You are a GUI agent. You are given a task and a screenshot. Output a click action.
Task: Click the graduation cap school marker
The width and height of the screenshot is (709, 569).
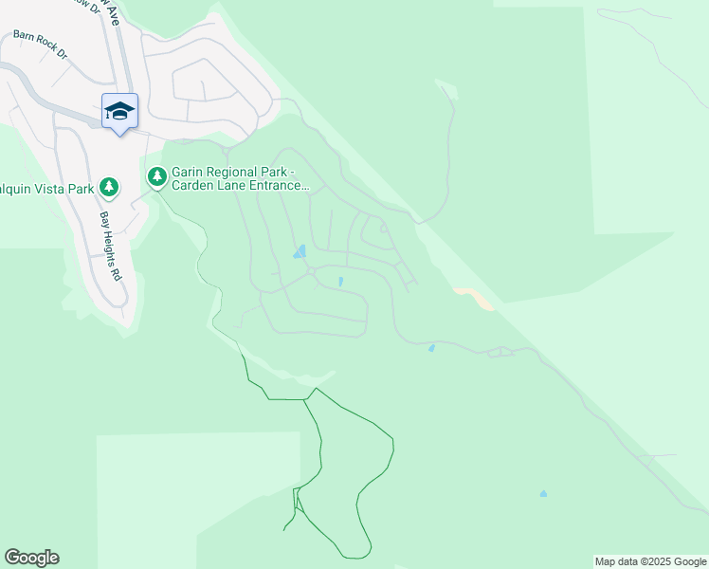point(119,113)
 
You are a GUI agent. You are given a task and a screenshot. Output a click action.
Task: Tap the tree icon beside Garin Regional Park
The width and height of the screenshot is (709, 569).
point(156,176)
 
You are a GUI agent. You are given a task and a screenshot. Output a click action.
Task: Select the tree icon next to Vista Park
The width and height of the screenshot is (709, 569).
point(109,187)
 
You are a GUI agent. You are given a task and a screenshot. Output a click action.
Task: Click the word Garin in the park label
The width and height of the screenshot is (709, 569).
point(186,172)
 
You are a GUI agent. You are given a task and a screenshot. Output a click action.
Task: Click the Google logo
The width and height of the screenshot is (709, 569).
point(31,558)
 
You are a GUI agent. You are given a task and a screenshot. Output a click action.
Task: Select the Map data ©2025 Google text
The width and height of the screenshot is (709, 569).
point(650,561)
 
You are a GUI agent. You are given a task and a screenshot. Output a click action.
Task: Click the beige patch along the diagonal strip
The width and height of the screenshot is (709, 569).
point(476,298)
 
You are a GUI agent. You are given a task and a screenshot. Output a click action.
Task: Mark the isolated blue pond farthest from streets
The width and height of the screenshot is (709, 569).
point(543,494)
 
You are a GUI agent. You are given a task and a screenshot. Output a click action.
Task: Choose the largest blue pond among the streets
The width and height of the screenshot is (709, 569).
point(300,252)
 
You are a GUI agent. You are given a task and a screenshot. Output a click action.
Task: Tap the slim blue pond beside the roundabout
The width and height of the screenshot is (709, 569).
point(340,281)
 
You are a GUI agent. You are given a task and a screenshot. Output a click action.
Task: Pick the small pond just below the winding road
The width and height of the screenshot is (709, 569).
point(432,348)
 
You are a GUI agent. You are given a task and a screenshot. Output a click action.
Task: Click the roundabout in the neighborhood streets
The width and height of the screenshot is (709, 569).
point(311,273)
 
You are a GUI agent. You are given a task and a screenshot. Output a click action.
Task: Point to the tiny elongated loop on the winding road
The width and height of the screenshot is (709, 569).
point(500,353)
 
